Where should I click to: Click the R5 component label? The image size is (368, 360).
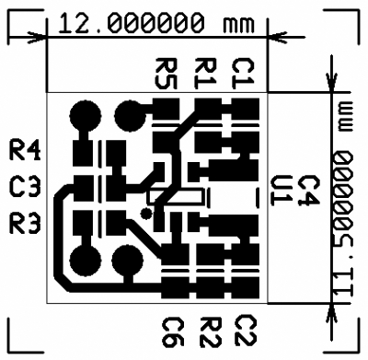coord(167,74)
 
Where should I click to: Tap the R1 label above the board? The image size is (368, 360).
coord(206,74)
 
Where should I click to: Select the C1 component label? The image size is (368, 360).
coord(244,74)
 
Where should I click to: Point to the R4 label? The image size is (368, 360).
coord(25,150)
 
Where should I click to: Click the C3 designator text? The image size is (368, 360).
coord(25,186)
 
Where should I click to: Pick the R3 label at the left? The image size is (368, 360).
coord(25,223)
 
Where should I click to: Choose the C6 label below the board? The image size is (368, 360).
coord(173,332)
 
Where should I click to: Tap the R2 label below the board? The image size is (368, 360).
coord(211,332)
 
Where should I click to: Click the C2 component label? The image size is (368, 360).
coord(246,331)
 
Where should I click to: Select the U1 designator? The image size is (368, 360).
coord(282,191)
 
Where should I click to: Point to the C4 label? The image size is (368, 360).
coord(309,191)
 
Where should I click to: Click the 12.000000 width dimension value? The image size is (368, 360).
coord(131,23)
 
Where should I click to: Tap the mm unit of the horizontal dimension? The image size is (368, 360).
coord(239,25)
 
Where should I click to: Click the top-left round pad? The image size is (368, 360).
coord(86,116)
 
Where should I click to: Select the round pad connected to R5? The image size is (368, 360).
coord(130,116)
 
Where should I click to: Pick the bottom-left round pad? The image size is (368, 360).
coord(86,261)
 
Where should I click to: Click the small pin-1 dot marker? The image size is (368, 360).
coord(145,214)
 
